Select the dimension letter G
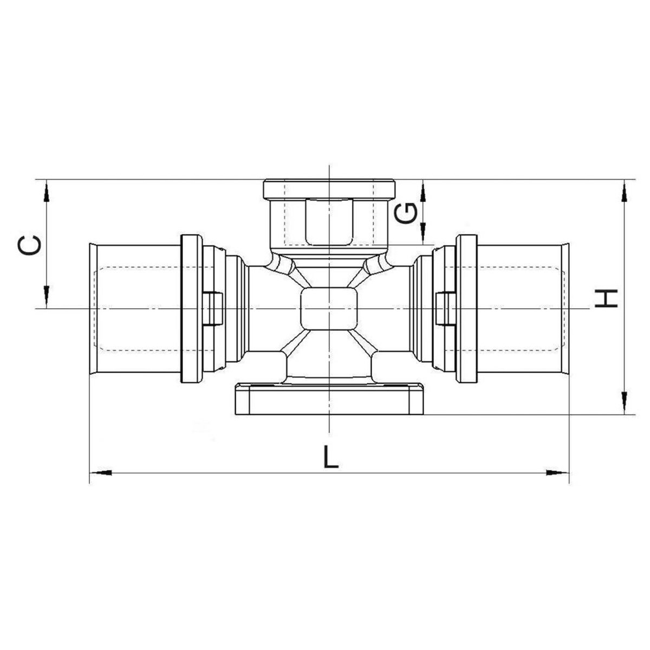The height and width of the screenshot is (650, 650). tap(406, 213)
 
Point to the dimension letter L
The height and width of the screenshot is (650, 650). tap(330, 457)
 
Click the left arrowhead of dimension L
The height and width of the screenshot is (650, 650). tap(100, 473)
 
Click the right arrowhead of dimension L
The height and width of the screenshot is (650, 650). tap(558, 473)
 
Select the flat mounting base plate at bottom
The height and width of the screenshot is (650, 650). tap(329, 399)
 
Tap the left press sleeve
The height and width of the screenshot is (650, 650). tap(135, 309)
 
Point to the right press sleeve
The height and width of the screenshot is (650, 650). tap(523, 309)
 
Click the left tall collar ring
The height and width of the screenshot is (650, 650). tap(191, 309)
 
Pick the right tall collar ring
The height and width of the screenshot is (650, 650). tap(466, 309)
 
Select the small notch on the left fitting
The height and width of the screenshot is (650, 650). tap(213, 309)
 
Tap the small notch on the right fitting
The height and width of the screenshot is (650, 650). tap(445, 309)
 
